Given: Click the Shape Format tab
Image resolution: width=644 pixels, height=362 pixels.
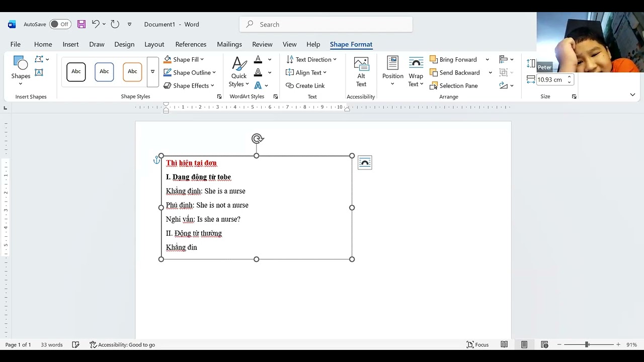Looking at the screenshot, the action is point(351,44).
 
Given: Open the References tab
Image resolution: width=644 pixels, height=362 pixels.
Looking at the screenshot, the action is point(191,44).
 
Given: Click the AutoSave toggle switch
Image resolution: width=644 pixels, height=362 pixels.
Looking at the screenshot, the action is point(60,24).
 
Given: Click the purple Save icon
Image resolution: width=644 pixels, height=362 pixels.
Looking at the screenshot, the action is point(82,24).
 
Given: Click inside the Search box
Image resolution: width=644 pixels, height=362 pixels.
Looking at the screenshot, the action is point(326,25).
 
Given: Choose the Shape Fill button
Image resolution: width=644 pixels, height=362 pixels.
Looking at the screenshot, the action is point(184,59).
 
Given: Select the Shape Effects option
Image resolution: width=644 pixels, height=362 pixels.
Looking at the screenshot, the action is point(189,85).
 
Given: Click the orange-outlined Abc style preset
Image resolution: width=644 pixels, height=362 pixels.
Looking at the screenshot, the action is point(132,71).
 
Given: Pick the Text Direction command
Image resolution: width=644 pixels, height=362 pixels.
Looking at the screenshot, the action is point(311,59).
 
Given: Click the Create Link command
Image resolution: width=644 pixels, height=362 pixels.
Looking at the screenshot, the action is point(305,85).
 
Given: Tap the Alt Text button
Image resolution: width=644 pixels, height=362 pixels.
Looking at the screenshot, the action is point(361,72).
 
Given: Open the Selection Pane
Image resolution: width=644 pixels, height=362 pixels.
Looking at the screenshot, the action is point(454,85).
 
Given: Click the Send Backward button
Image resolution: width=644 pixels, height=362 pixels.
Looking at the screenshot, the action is point(455,73).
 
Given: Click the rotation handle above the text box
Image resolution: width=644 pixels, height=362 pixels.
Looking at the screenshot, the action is point(257,139).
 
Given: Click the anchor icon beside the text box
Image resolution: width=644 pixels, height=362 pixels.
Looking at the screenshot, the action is point(156,160).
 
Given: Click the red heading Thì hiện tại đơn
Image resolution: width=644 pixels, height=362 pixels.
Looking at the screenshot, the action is point(191,163).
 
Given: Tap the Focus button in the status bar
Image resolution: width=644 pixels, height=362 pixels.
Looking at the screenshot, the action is point(477,344).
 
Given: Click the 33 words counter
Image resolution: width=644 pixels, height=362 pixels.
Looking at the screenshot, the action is point(51,345).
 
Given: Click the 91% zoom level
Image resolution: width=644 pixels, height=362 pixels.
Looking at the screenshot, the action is point(631,344).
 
